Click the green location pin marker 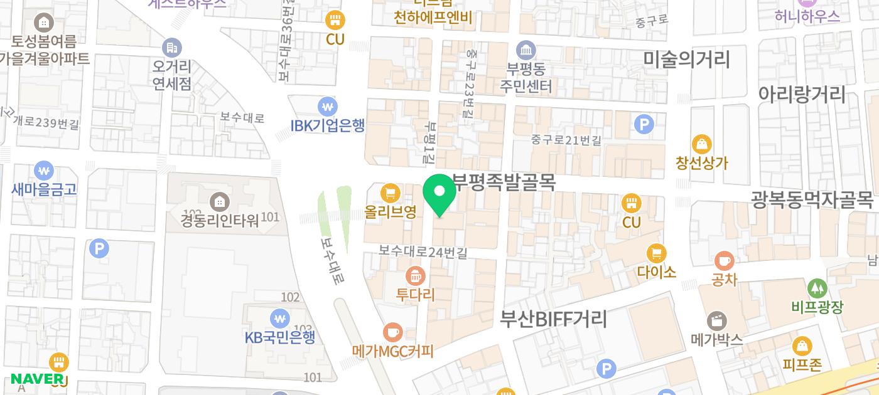pyautogui.click(x=439, y=194)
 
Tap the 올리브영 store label pyautogui.click(x=391, y=212)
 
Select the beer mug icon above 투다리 pyautogui.click(x=415, y=275)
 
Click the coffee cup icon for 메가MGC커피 pyautogui.click(x=393, y=332)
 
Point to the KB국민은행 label pyautogui.click(x=279, y=337)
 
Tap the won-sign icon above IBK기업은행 pyautogui.click(x=327, y=106)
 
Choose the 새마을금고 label pyautogui.click(x=44, y=189)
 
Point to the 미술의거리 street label pyautogui.click(x=686, y=60)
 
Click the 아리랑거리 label pyautogui.click(x=802, y=95)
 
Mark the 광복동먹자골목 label pyautogui.click(x=812, y=200)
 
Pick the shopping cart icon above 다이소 pyautogui.click(x=656, y=253)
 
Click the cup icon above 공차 pyautogui.click(x=724, y=260)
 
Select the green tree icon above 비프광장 pyautogui.click(x=817, y=288)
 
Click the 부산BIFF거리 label pyautogui.click(x=553, y=319)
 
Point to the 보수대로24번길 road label pyautogui.click(x=423, y=251)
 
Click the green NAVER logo pyautogui.click(x=37, y=379)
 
